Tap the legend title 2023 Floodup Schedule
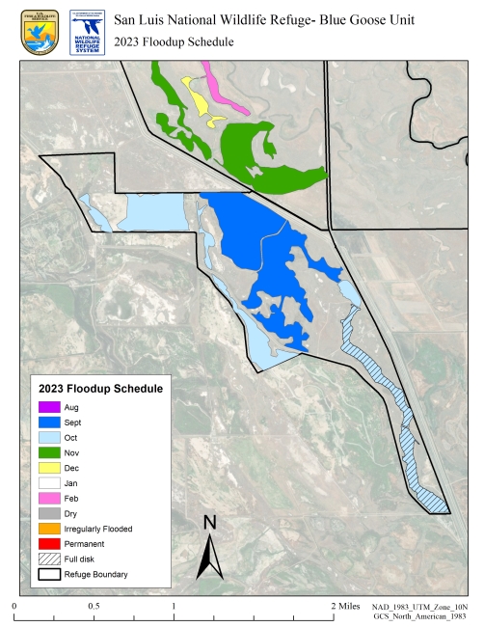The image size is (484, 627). pyautogui.click(x=100, y=388)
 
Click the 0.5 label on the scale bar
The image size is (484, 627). pyautogui.click(x=94, y=607)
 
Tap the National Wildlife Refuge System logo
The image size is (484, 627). pyautogui.click(x=86, y=30)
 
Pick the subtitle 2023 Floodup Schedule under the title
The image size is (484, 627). pyautogui.click(x=174, y=41)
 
